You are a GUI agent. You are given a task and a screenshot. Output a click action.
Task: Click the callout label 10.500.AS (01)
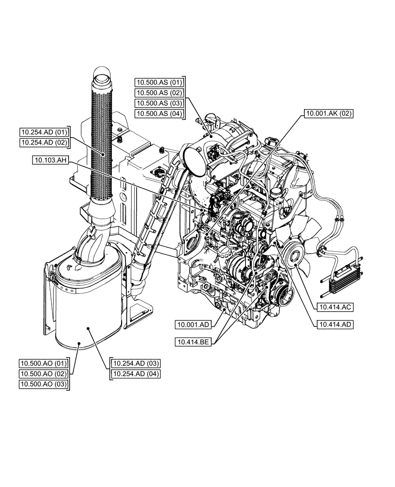pos(159,82)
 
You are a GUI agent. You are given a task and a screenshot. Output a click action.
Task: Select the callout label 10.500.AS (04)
pos(159,114)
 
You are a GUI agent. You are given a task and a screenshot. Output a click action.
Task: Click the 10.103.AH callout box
pos(52,159)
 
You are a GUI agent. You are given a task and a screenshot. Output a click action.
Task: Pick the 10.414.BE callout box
pos(193,343)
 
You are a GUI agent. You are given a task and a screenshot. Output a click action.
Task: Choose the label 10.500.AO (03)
pos(43,385)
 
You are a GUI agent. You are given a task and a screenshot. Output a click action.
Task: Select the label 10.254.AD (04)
pos(136,374)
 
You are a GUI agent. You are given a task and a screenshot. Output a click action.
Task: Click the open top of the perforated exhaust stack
pos(103,76)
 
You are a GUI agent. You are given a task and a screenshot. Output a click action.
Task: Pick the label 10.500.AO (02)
pos(43,374)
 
